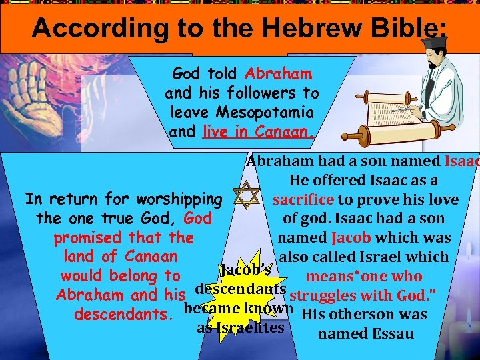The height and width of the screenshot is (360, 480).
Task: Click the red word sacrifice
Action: (303, 200)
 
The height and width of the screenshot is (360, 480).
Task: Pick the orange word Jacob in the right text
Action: (347, 238)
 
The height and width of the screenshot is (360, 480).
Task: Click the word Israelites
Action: (241, 328)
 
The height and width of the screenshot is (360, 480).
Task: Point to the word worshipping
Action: (179, 199)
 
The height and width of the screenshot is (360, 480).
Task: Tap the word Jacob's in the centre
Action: (245, 271)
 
